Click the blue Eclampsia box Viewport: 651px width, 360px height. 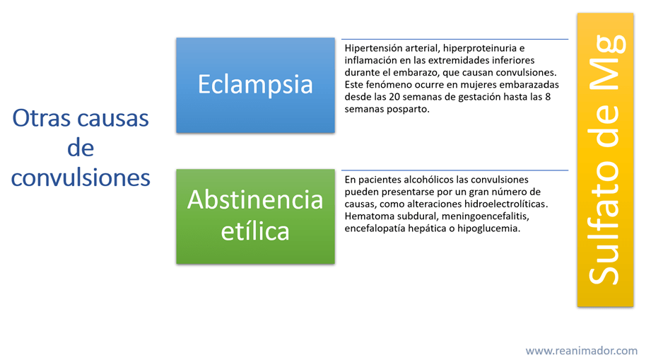[255, 85]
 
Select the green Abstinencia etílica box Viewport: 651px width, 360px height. [255, 216]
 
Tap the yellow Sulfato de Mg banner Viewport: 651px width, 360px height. [605, 160]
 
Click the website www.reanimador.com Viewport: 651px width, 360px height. [581, 350]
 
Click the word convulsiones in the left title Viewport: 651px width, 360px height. [81, 178]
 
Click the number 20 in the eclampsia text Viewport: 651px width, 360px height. [394, 97]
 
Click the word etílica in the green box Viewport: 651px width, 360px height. [255, 231]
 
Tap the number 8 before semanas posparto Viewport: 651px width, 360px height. [548, 97]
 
